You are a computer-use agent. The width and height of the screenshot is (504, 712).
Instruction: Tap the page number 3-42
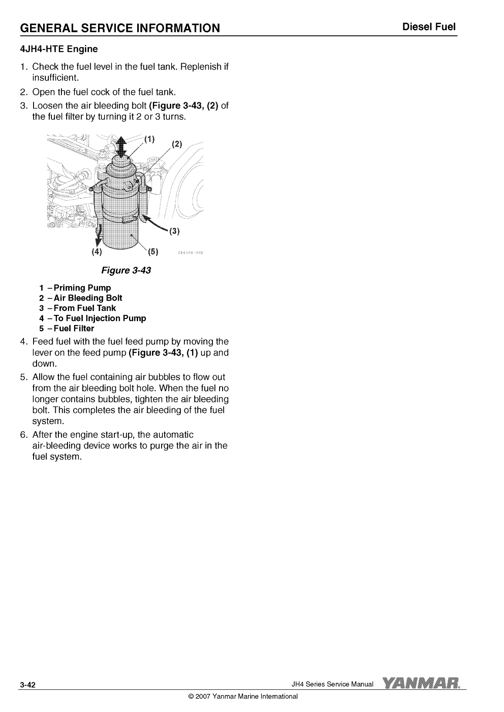[27, 685]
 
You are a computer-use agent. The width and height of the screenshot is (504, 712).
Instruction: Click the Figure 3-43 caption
[126, 270]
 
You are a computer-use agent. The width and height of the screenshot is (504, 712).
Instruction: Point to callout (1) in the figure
[149, 140]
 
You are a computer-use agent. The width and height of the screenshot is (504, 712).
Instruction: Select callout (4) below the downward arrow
[96, 251]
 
